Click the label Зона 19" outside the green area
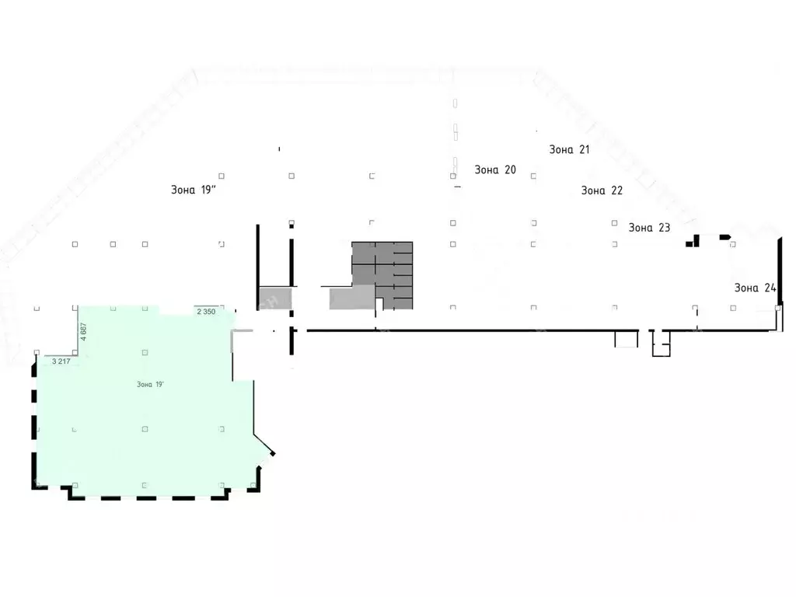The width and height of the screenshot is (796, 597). point(194,190)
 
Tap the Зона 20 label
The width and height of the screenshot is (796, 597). point(495,170)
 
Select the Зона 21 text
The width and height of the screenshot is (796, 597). point(569,149)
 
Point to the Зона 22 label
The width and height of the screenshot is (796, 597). point(602,190)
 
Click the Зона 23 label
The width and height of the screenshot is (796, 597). point(649,228)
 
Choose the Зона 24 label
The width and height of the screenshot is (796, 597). point(756,288)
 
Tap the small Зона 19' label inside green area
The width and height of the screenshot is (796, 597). point(150,384)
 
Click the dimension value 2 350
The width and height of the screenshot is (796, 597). point(206,312)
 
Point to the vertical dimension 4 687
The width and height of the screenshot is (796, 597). point(84,331)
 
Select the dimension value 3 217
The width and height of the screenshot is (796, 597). point(61,361)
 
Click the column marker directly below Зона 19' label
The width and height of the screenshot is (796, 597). point(145,429)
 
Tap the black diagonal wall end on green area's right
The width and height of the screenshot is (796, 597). point(273,454)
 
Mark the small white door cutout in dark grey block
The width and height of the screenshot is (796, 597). point(379,304)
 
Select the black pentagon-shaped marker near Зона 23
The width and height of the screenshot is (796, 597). point(725,237)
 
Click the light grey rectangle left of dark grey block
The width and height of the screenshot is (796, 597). point(352,297)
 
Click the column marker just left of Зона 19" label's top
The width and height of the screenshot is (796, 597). point(222,176)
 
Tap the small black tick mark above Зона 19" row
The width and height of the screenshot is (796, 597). point(279,148)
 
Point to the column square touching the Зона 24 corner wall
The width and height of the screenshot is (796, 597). point(777,308)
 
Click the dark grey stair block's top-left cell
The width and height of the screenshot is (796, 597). point(364,253)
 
